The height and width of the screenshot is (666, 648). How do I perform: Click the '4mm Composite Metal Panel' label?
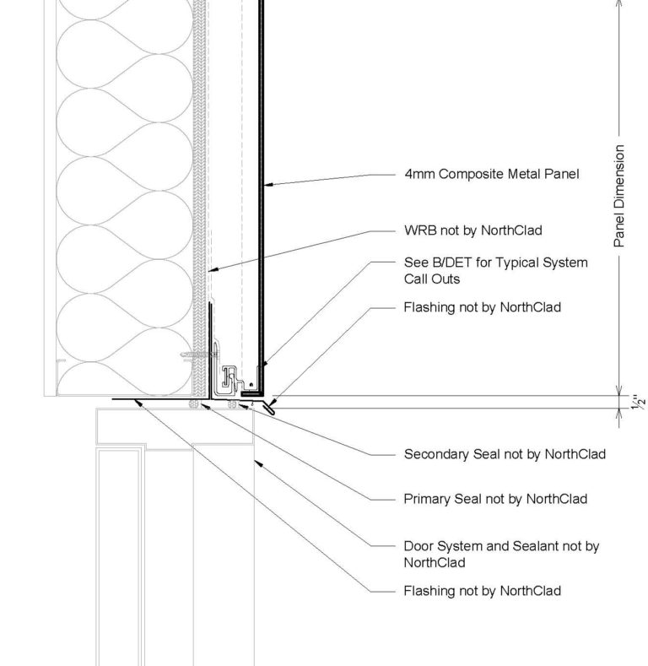[492, 176]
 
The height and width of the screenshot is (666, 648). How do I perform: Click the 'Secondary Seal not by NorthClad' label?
[505, 454]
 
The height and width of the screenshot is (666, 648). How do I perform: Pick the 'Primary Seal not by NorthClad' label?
[495, 499]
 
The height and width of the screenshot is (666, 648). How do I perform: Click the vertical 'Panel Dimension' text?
[619, 196]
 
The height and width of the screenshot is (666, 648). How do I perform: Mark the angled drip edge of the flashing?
[269, 407]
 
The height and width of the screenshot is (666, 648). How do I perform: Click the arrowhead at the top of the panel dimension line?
[619, 3]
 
